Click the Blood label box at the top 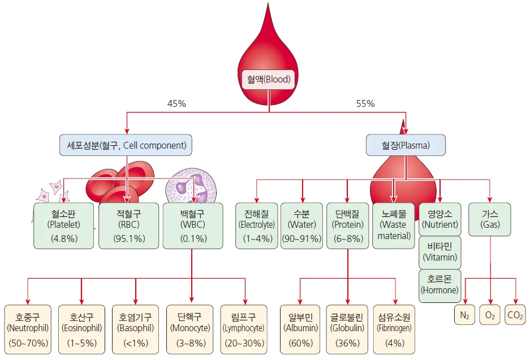coord(269,80)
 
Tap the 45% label coord(176,104)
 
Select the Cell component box coord(126,145)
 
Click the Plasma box coord(406,145)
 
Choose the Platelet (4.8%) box coord(64,225)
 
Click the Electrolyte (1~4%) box coord(256,225)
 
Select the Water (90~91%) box coord(303,225)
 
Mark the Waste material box coord(394,225)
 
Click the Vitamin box coord(440,252)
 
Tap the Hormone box coord(440,284)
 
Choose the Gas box coord(490,219)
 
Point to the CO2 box coord(515,315)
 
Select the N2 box coord(464,315)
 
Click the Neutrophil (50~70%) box coord(28,329)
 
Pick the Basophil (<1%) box coord(136,329)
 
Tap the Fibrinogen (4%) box coord(394,329)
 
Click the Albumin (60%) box coord(300,329)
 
